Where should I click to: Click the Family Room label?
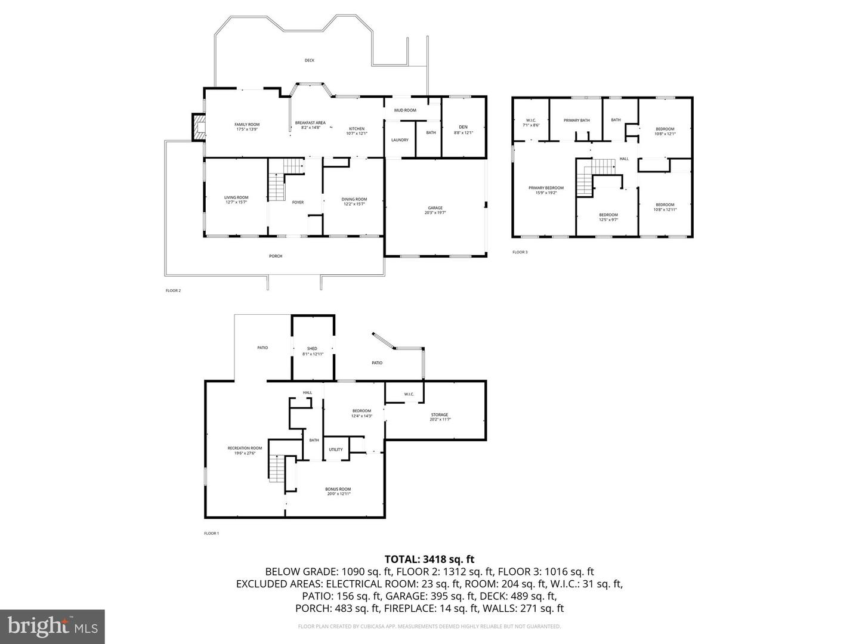247,125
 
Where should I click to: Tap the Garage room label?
435,208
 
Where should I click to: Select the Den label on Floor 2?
464,126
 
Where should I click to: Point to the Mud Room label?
405,110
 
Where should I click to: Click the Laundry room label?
400,140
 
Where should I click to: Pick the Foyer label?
298,202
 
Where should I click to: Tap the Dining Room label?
354,200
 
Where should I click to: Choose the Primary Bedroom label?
546,188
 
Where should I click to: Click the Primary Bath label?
577,120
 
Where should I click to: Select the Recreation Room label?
245,448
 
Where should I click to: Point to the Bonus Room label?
338,489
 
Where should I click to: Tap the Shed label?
313,349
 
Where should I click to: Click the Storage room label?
440,415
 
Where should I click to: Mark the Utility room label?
336,450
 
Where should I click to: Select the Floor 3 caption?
520,252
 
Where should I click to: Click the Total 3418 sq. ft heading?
429,559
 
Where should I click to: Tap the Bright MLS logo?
52,626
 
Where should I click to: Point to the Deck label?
310,60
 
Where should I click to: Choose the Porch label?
276,256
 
